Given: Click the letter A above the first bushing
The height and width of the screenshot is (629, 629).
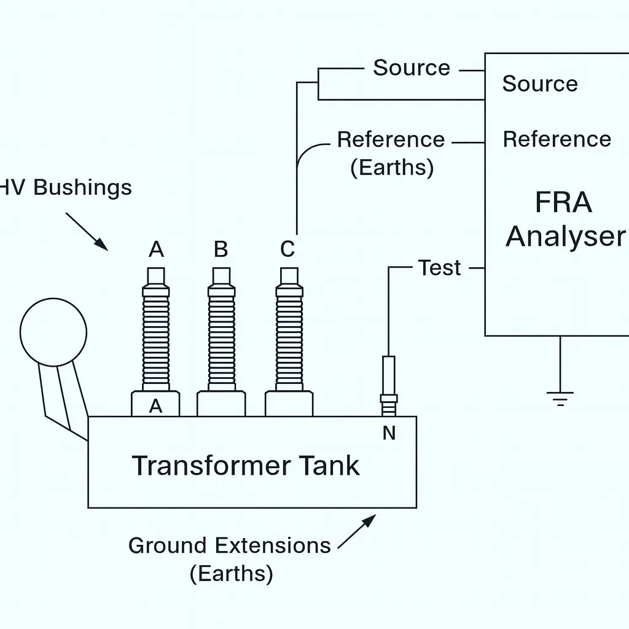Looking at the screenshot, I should click(157, 249).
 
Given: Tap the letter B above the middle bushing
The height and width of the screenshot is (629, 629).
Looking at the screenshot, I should click(221, 249).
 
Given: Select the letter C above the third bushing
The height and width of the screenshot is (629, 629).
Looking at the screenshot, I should click(287, 249).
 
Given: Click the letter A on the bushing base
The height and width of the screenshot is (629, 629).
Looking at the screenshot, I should click(156, 406).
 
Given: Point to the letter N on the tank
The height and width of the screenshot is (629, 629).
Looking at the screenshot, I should click(389, 434).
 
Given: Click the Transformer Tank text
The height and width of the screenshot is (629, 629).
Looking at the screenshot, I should click(246, 466).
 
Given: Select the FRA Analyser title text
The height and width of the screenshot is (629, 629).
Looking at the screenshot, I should click(564, 219).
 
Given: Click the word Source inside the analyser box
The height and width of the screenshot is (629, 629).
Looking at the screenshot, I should click(540, 84).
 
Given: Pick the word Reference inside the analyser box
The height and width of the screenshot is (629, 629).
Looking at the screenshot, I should click(557, 139).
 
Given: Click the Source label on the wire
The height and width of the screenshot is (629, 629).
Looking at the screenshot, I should click(412, 68).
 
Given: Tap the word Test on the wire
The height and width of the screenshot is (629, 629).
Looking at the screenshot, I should click(439, 268).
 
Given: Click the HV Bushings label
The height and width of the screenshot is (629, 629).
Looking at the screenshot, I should click(64, 187).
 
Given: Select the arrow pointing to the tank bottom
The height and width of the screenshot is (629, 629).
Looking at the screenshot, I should click(357, 531).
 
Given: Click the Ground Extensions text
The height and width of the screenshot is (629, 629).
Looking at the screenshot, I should click(229, 545).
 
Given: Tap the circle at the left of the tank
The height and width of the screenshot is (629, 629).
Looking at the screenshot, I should click(53, 332).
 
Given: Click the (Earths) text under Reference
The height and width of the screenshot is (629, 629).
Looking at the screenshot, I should click(392, 167).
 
